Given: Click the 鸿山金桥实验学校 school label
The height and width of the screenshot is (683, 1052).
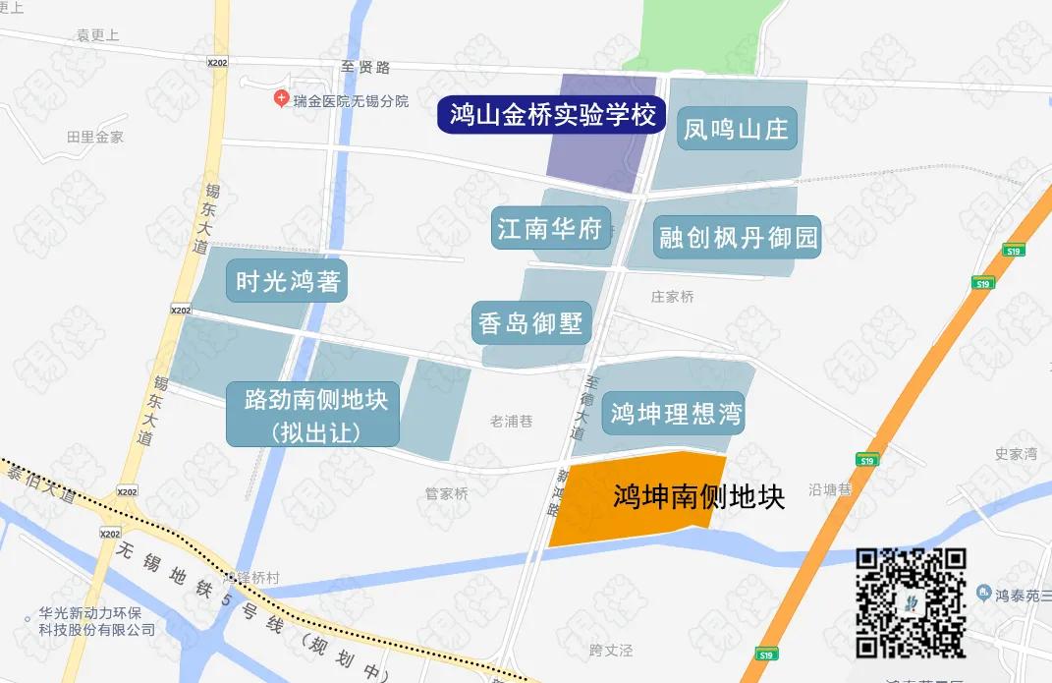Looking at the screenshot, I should point(552,115).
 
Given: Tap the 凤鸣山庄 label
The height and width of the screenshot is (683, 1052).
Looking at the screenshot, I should point(736,129).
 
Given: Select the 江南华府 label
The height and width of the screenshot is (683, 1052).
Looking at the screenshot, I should point(549,230).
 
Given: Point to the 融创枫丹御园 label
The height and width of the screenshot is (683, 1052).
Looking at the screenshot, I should point(738,237).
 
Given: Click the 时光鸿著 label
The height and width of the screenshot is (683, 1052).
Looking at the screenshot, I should point(288,281).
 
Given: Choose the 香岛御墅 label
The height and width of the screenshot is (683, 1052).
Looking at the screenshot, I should point(531,322).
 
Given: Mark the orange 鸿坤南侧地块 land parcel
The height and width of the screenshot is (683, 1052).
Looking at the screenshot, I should point(638,498).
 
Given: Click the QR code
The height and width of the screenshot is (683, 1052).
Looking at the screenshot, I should point(911,601).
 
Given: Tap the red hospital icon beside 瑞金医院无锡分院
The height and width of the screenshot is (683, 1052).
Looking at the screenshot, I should point(282,99).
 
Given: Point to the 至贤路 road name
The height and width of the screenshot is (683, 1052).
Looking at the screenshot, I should point(365,67).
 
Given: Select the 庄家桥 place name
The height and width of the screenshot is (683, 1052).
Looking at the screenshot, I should point(672,296).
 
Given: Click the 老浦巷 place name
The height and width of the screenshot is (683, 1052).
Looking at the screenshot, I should point(511,421).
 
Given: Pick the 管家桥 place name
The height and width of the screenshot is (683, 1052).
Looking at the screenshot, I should point(447,493).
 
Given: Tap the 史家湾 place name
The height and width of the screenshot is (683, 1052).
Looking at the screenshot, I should point(1016,454).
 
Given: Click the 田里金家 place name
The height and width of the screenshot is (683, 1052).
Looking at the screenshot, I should point(95,137).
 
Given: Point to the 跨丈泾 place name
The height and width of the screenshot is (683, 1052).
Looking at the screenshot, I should point(611,651).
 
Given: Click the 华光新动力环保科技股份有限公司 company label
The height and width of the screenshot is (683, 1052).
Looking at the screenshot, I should point(96,620).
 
